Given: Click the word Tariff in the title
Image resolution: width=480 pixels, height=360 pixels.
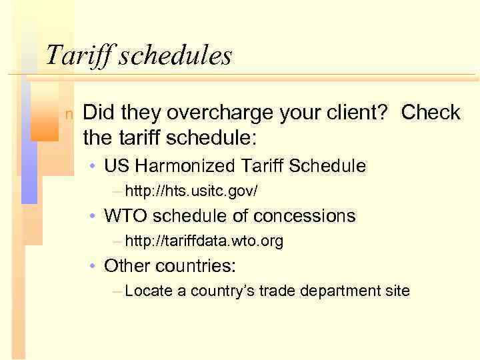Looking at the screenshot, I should (79, 55).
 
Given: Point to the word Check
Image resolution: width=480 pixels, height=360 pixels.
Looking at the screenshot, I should (430, 113).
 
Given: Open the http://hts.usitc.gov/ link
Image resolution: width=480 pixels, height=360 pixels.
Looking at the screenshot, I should (191, 191).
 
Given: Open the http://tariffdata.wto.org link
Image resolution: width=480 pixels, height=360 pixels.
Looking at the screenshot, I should (203, 241).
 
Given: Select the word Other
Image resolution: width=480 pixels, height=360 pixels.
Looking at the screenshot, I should (127, 266).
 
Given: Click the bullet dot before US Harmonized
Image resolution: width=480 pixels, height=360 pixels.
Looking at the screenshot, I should (95, 166).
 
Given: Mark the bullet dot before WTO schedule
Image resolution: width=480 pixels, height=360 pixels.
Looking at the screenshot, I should (95, 217).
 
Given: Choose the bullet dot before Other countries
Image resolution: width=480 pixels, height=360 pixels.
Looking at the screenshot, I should (95, 267).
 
